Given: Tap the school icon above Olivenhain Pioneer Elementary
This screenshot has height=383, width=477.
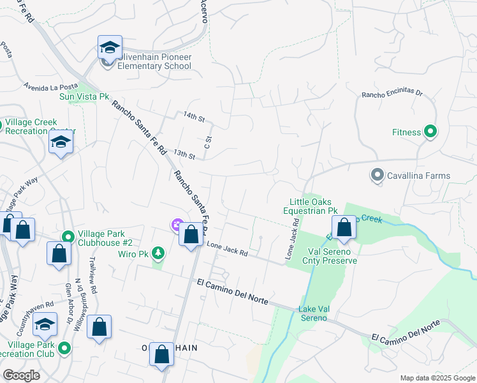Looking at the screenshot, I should [x=110, y=47].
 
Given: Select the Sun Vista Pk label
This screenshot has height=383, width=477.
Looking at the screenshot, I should [x=84, y=96].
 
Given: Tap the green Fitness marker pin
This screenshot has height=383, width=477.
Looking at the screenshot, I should [x=430, y=132].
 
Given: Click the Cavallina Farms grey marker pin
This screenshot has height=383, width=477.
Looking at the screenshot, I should [x=377, y=175].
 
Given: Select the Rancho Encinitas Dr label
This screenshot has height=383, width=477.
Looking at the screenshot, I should [x=392, y=93].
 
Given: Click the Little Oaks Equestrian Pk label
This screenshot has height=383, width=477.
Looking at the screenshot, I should [x=313, y=206].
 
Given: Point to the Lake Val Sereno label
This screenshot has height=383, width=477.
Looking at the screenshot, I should [x=312, y=313].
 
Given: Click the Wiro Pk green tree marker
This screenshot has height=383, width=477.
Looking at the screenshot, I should [x=158, y=253].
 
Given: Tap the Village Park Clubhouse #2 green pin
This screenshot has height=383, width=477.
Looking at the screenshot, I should [x=67, y=237].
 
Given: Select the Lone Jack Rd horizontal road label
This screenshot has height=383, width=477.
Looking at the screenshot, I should [x=227, y=249].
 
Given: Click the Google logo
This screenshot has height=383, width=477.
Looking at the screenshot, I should [x=22, y=375].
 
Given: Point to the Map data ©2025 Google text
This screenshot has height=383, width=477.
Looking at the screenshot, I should [x=437, y=378].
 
